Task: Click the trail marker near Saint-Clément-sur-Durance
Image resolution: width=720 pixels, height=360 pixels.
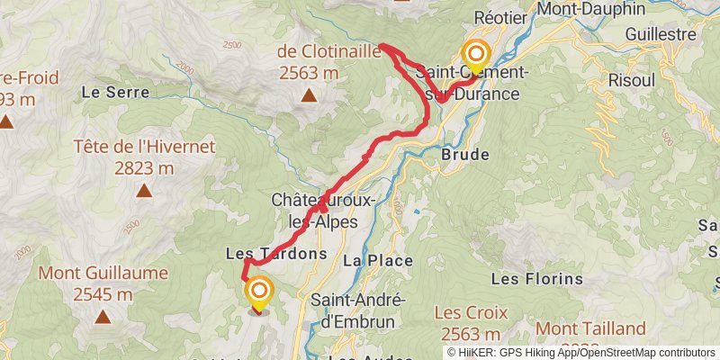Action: point(474,56)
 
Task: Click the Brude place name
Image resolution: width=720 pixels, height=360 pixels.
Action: point(465,154)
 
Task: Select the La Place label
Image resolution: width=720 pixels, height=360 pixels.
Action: point(377,261)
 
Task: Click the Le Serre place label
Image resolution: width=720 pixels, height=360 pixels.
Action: point(108,92)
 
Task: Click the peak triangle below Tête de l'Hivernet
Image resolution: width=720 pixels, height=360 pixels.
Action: point(144,191)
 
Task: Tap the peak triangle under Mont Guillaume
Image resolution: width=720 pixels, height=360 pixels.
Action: point(103,317)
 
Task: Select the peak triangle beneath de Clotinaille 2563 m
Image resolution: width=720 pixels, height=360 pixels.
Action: point(309,95)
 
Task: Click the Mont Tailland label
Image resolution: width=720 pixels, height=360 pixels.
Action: point(592,328)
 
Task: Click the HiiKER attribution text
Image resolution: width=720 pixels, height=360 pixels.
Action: point(583,353)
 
